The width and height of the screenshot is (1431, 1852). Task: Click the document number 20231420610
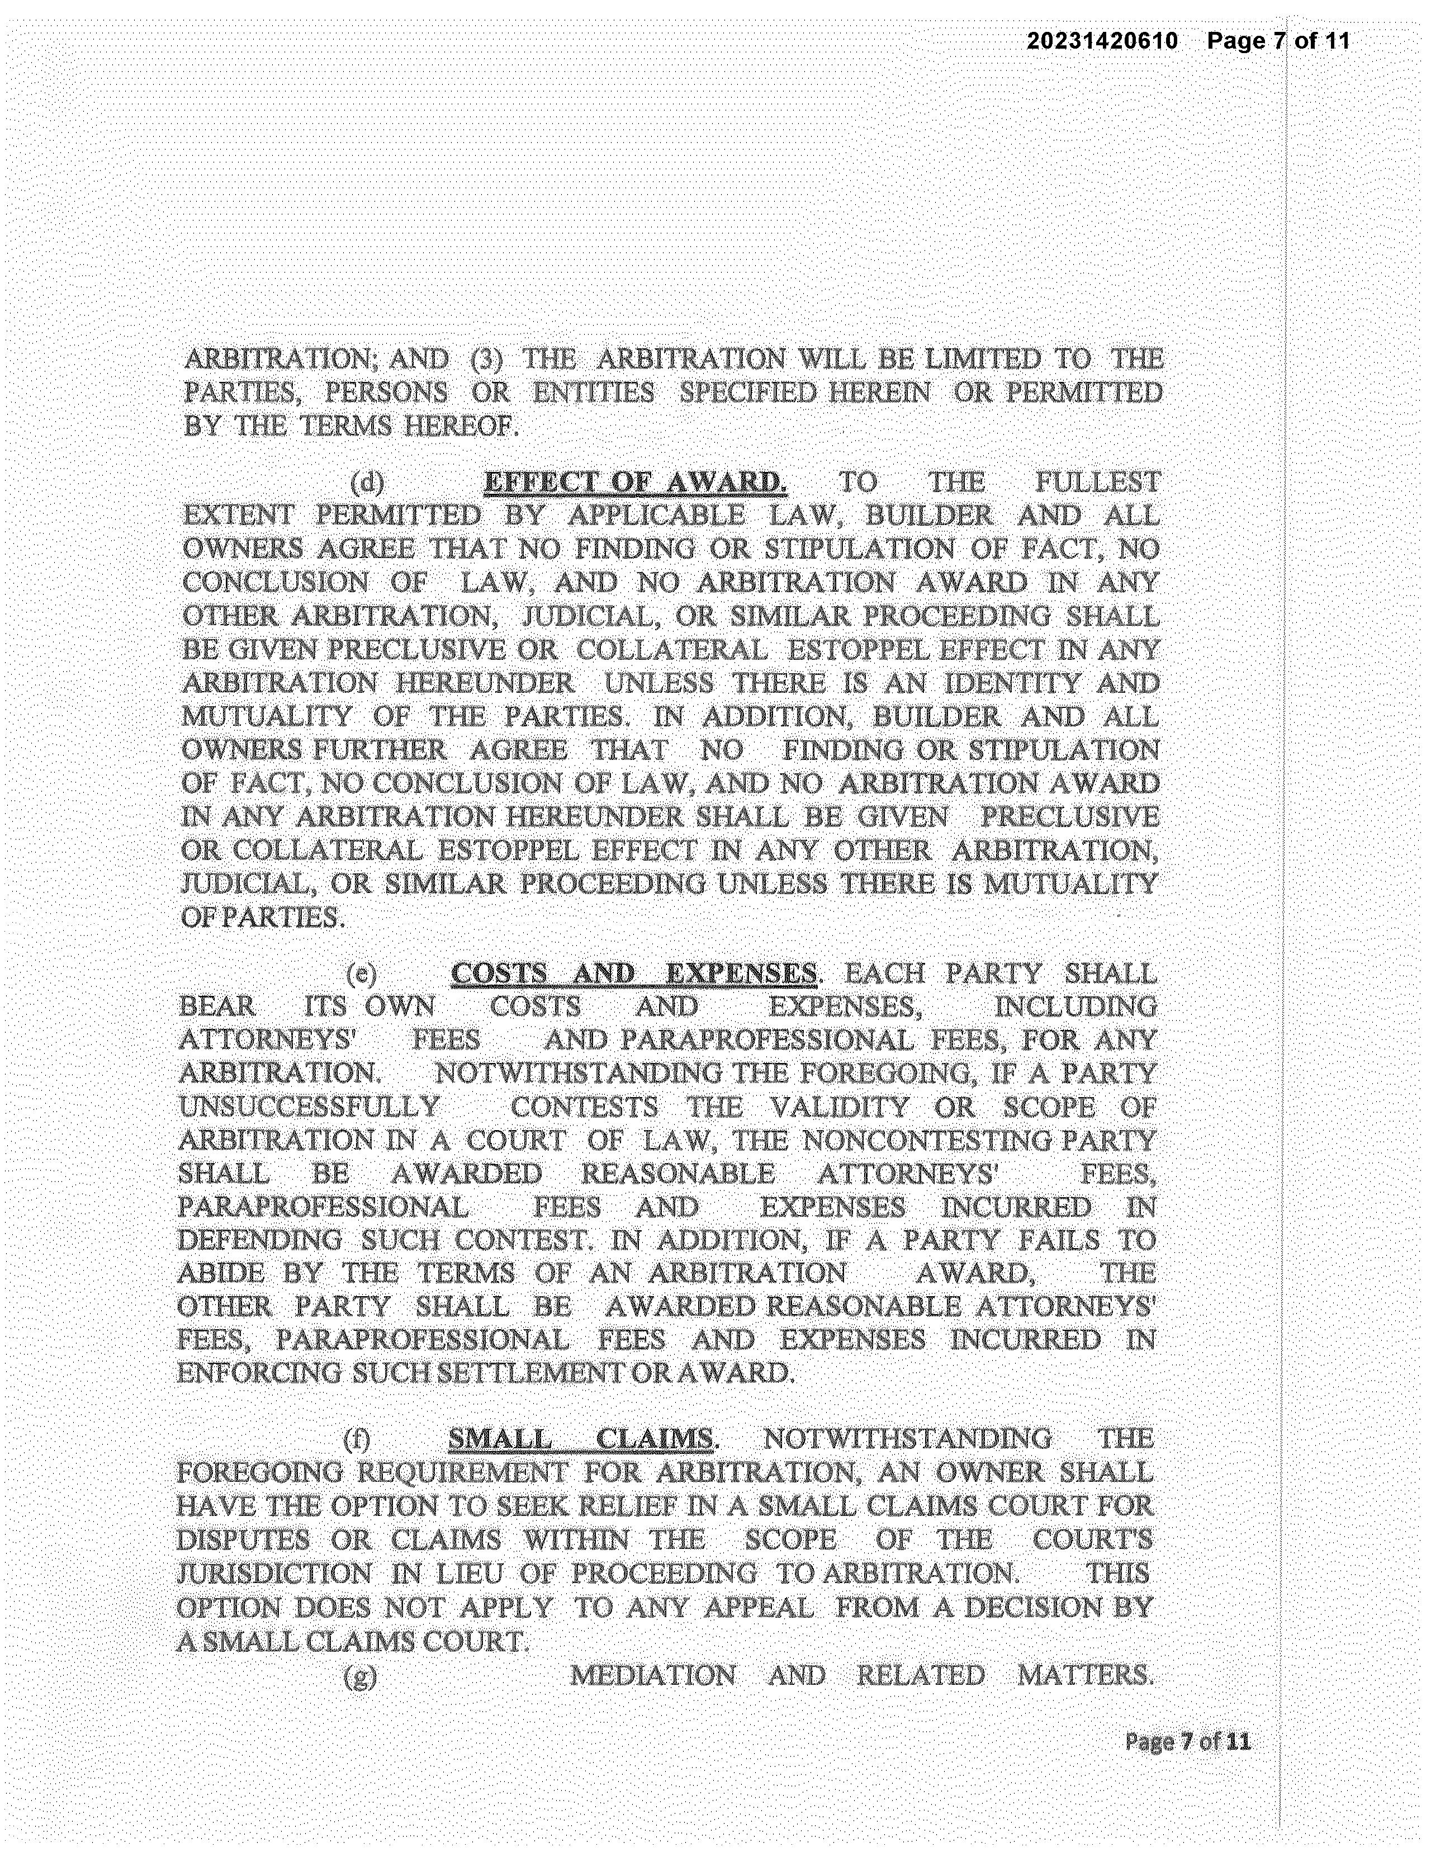pos(1102,41)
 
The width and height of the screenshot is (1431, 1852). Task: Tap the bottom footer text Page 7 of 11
pos(1187,1742)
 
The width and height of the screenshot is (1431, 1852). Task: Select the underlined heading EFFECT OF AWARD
pos(634,483)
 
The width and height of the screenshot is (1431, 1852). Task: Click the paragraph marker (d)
pos(366,483)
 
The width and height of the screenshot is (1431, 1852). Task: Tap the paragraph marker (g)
pos(361,1676)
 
